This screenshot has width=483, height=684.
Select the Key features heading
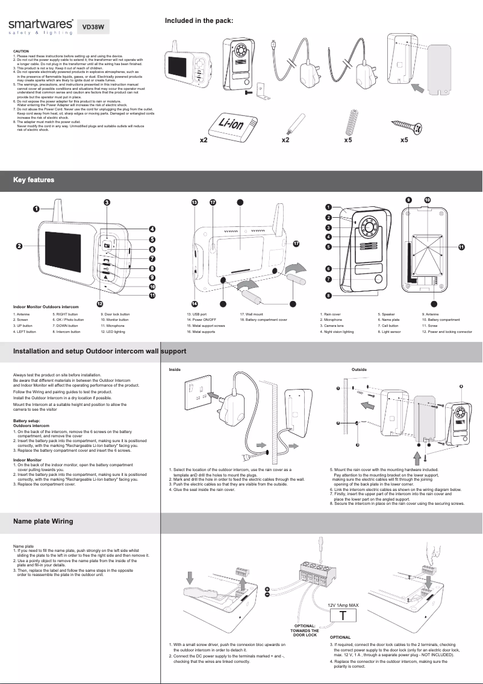pyautogui.click(x=34, y=180)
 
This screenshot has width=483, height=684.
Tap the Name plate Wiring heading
pyautogui.click(x=43, y=504)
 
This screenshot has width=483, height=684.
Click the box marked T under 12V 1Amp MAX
pyautogui.click(x=342, y=616)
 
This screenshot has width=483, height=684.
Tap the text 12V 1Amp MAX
pyautogui.click(x=343, y=604)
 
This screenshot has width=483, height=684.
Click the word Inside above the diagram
pyautogui.click(x=175, y=369)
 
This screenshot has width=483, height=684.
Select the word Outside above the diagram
pyautogui.click(x=359, y=369)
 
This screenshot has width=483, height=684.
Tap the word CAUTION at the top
pyautogui.click(x=21, y=52)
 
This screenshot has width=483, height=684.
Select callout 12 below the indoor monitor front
pyautogui.click(x=101, y=303)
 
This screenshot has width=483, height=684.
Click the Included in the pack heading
pyautogui.click(x=199, y=21)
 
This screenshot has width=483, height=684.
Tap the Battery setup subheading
pyautogui.click(x=26, y=420)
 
